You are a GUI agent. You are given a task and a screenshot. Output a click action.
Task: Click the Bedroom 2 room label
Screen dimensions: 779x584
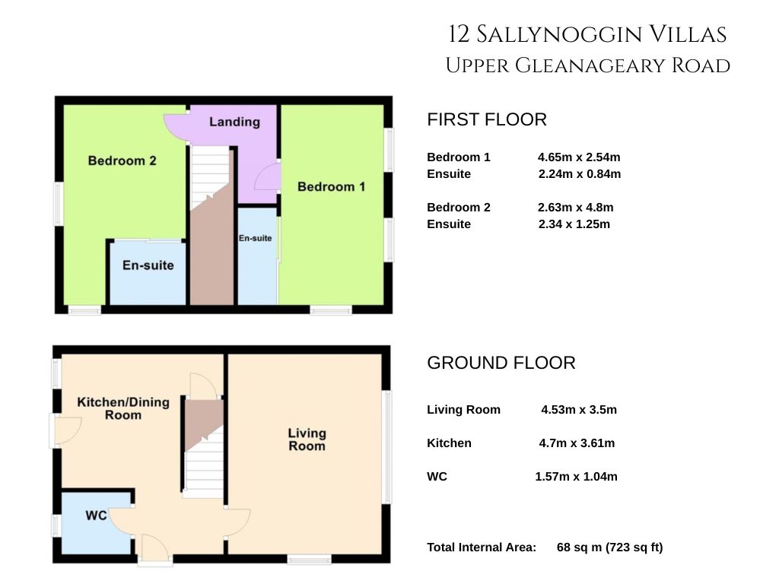click(x=122, y=160)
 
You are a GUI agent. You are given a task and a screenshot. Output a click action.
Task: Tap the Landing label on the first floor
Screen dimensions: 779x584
click(x=234, y=122)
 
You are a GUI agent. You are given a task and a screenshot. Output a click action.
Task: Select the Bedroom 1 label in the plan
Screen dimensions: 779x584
click(x=332, y=187)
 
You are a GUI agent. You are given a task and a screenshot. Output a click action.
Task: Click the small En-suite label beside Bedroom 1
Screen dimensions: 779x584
click(x=256, y=238)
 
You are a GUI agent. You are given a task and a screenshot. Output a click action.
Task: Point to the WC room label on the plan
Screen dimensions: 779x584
click(x=97, y=516)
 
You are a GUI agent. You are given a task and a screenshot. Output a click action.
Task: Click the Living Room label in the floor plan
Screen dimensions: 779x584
click(x=307, y=440)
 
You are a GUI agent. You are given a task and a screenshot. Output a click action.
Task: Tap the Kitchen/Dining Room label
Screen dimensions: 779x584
click(x=123, y=408)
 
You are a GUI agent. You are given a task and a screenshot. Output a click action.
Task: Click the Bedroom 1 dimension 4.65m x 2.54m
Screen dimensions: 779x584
click(x=579, y=157)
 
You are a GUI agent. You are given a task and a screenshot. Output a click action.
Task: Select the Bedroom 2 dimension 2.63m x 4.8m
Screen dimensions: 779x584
click(x=575, y=208)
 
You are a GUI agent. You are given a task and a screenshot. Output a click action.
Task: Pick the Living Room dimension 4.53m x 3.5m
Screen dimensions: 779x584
click(x=579, y=410)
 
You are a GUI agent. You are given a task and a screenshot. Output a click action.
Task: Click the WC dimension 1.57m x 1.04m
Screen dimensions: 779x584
click(x=577, y=477)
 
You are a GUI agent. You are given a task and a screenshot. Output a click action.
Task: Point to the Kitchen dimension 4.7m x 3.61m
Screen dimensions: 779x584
click(x=577, y=443)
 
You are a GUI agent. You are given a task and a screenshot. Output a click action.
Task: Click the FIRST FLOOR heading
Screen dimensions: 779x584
click(x=487, y=119)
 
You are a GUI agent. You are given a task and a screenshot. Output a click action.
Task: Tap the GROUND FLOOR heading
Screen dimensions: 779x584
click(x=501, y=363)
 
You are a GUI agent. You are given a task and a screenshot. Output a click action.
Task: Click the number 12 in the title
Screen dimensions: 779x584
click(x=459, y=35)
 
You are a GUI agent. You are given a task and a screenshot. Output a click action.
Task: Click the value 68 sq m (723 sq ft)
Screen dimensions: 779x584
click(x=610, y=547)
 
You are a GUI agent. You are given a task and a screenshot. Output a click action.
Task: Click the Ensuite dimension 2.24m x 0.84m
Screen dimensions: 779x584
click(x=579, y=174)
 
